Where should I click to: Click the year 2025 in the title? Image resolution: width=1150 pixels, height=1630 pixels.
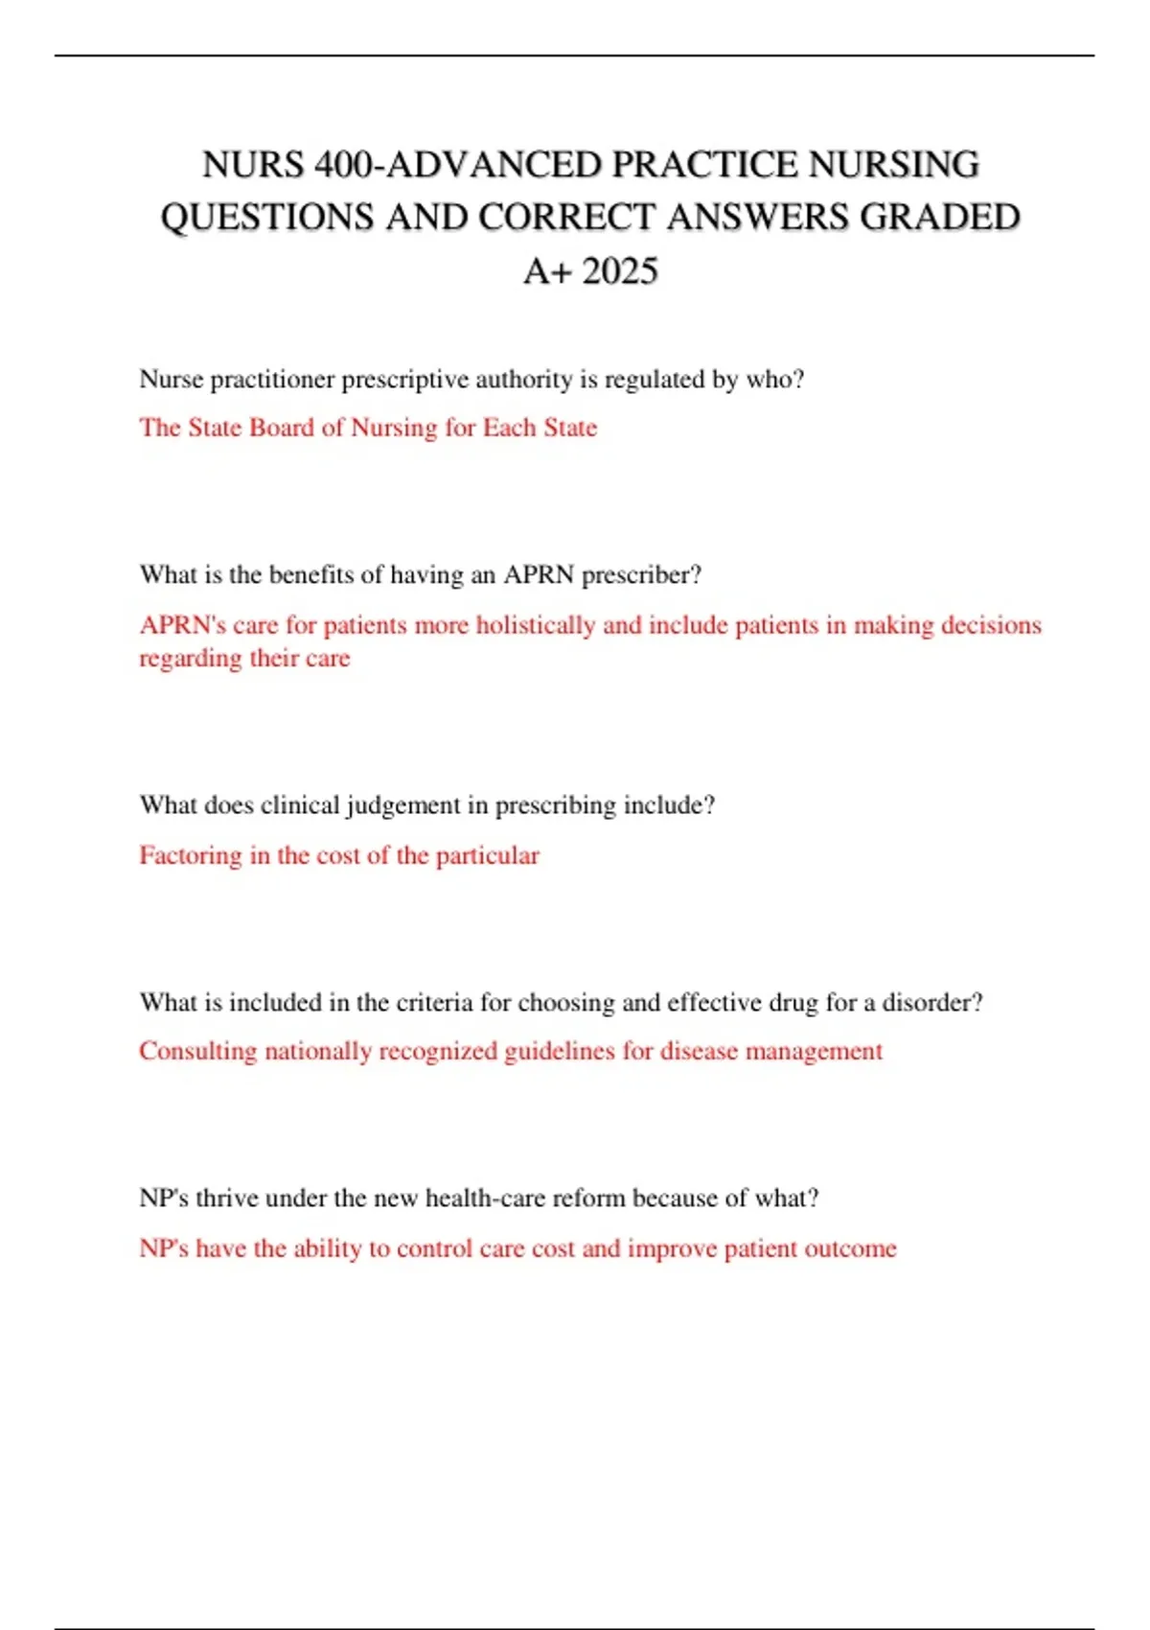click(620, 271)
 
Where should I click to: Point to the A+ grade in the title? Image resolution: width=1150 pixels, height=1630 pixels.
click(547, 271)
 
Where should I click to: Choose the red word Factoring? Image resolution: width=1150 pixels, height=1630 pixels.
click(191, 855)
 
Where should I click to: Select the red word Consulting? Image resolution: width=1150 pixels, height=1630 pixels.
click(197, 1052)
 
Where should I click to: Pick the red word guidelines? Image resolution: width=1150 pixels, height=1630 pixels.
click(559, 1052)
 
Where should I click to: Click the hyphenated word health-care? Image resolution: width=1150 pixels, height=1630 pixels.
click(476, 1199)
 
